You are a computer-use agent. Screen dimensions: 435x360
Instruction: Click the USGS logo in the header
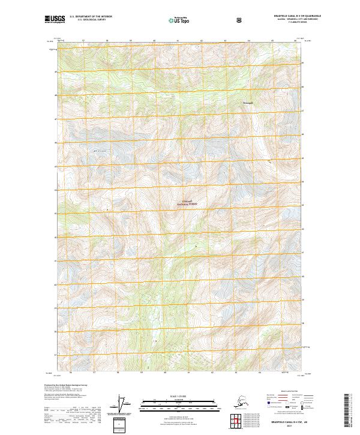[55, 20]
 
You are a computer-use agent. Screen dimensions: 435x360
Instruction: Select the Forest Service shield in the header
[239, 20]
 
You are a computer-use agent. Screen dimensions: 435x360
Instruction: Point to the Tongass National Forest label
[187, 203]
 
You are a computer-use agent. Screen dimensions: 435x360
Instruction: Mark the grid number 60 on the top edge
[155, 41]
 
